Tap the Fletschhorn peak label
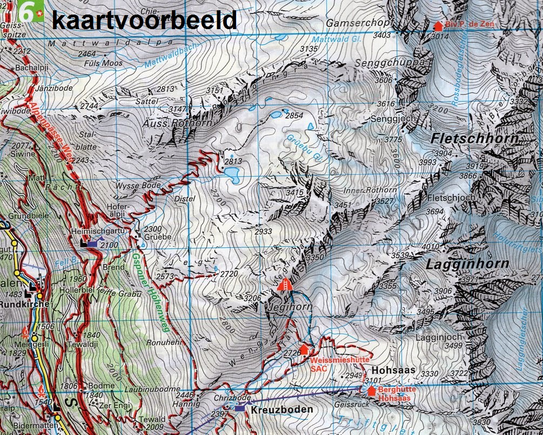474,139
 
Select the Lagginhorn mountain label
467,264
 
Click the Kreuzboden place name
281,410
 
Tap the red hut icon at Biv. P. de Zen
438,26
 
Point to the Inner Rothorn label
370,191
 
